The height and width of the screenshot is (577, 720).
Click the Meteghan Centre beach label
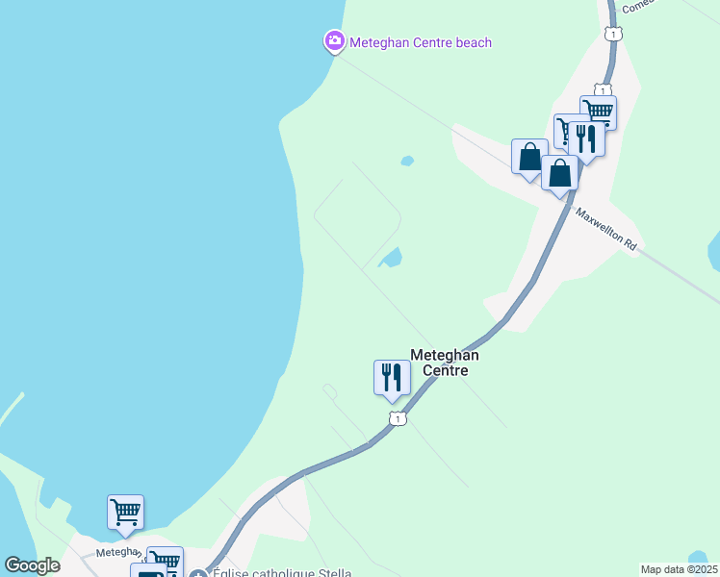tap(421, 42)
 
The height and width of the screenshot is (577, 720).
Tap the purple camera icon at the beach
tap(334, 40)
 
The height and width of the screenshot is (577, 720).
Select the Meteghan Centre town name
tap(444, 363)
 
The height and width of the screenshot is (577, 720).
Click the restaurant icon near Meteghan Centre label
tap(392, 376)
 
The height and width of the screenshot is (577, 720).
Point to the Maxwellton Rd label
tap(607, 231)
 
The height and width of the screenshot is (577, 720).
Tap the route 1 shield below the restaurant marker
tap(397, 418)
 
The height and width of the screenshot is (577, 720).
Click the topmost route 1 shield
tap(611, 35)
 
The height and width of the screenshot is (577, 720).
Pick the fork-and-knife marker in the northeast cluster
tap(586, 138)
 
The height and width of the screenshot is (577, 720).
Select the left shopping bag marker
tap(529, 157)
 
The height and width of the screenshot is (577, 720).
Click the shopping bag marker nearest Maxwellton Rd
tap(560, 173)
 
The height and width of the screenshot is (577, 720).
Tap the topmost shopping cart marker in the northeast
tap(598, 111)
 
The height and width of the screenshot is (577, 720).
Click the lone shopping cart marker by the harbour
tap(125, 512)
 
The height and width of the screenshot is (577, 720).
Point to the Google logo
tap(32, 565)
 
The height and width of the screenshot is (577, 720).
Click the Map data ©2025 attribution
tap(679, 569)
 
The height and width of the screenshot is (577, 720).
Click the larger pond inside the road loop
tap(391, 258)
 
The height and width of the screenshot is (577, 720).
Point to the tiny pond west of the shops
tap(407, 160)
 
